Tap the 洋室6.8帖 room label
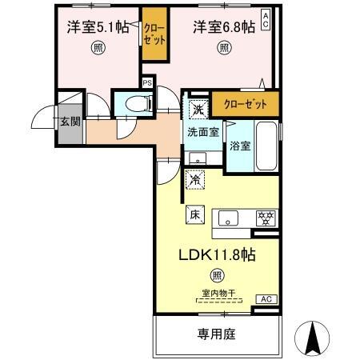[x=225, y=26]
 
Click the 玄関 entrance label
[x=70, y=122]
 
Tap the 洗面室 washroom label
[x=203, y=133]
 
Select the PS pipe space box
[x=147, y=82]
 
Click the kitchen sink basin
[x=227, y=217]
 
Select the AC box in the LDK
[x=265, y=298]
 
